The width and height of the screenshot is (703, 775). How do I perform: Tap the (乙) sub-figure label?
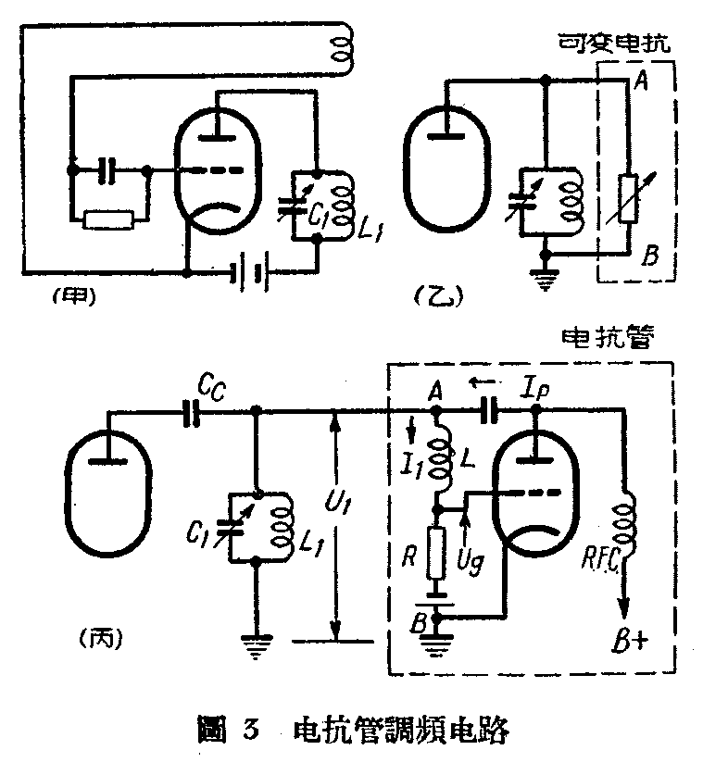click(x=433, y=297)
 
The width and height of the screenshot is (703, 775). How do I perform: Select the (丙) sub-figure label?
click(x=95, y=638)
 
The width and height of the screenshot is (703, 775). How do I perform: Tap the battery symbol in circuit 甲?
click(x=249, y=273)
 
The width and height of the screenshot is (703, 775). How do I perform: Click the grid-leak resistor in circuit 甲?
click(x=109, y=219)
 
